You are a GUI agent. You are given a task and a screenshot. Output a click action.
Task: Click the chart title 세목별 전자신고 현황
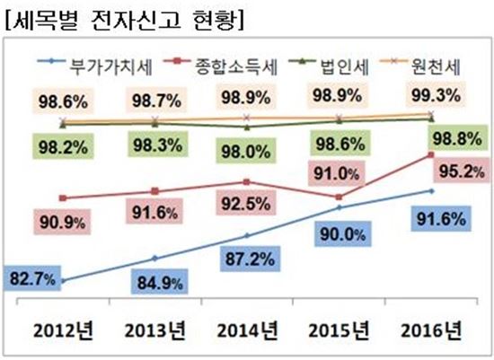(x=125, y=18)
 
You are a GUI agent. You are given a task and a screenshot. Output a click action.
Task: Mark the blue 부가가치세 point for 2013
(x=154, y=259)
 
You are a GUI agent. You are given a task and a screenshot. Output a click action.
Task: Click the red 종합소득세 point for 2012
(x=62, y=198)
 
